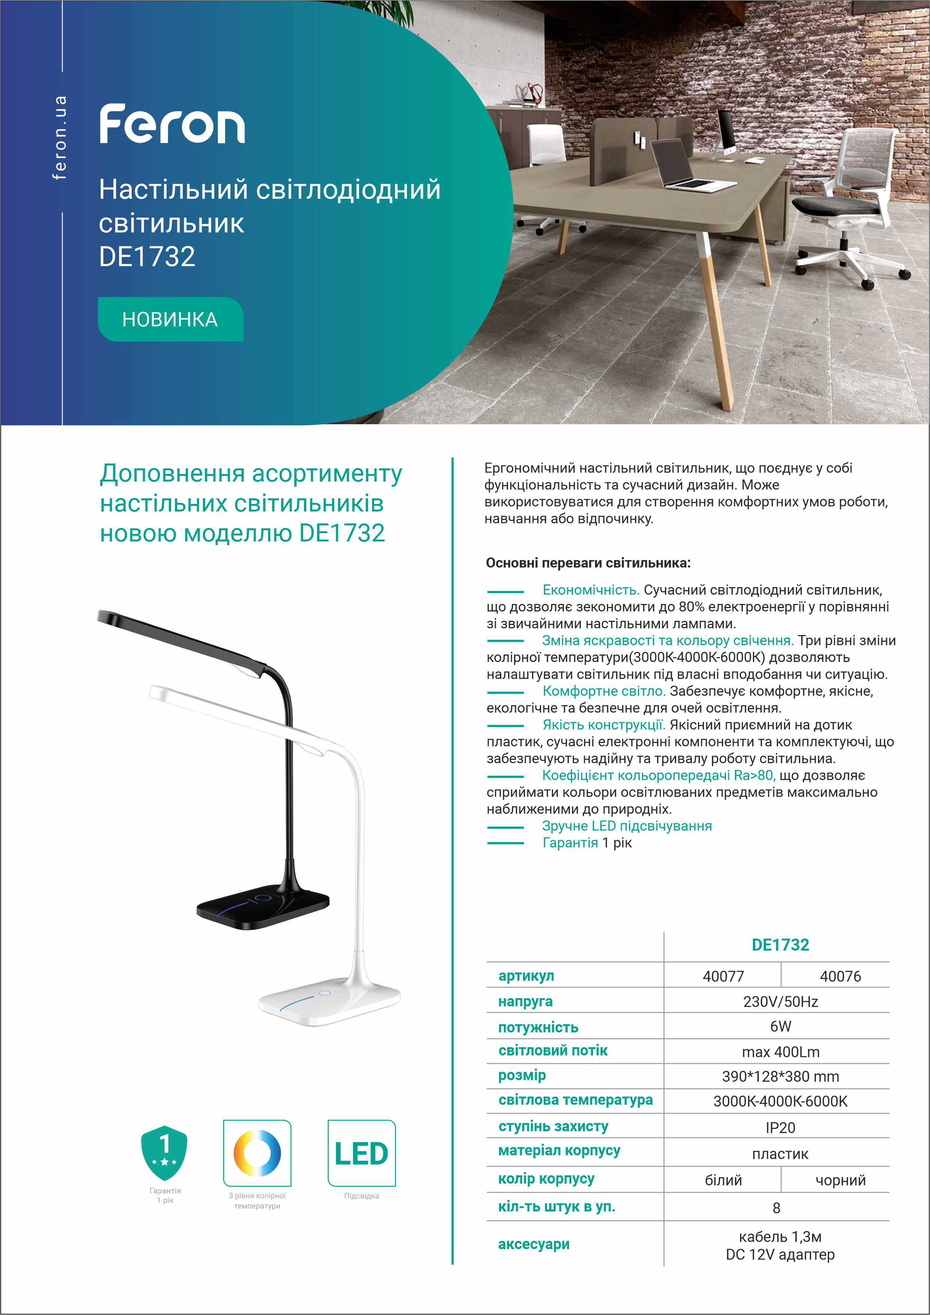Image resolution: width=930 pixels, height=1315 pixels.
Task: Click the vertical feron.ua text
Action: pyautogui.click(x=60, y=137)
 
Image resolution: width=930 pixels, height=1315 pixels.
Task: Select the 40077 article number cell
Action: pyautogui.click(x=723, y=976)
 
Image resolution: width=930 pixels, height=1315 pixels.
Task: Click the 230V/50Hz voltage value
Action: pyautogui.click(x=780, y=1002)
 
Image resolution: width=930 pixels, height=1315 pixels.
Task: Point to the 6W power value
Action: pyautogui.click(x=780, y=1026)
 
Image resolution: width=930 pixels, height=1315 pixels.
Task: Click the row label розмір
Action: pyautogui.click(x=522, y=1076)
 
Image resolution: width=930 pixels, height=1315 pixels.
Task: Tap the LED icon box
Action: pyautogui.click(x=361, y=1154)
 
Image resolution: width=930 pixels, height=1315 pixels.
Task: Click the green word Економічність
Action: pyautogui.click(x=590, y=590)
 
